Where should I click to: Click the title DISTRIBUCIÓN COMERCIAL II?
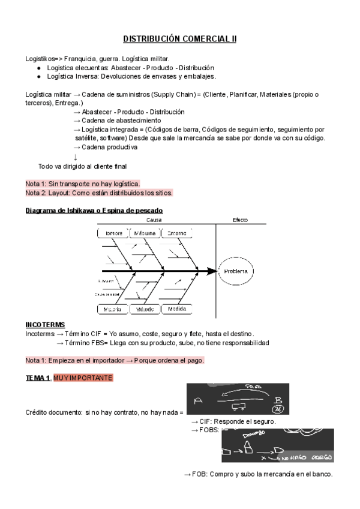(180, 39)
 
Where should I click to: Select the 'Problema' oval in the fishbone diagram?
(236, 271)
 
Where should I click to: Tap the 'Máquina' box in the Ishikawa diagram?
(145, 233)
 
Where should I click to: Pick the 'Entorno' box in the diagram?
(176, 233)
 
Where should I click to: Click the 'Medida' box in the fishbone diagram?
(176, 309)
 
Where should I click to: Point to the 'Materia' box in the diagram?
(113, 309)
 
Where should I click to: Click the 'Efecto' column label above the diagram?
(240, 220)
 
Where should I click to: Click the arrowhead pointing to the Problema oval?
(211, 271)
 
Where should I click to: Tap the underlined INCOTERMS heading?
(45, 324)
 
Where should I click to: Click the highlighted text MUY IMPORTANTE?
(82, 378)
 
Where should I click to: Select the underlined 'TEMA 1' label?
(38, 378)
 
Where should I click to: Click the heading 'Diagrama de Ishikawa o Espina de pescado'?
(94, 210)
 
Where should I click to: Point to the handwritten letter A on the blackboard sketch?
(199, 400)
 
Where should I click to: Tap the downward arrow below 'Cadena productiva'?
(75, 157)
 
